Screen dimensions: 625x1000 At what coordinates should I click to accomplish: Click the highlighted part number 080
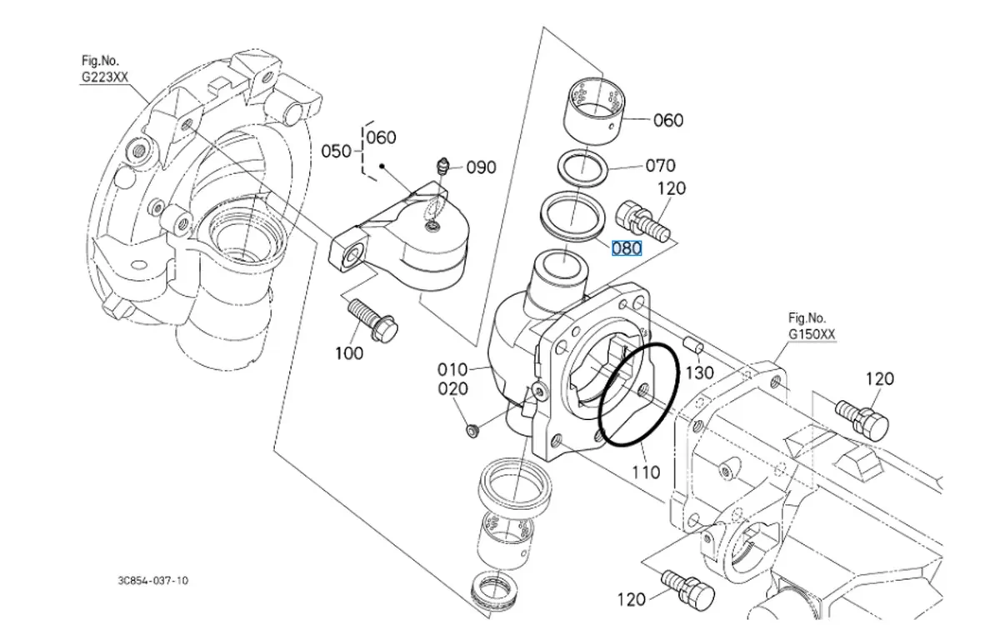pos(627,248)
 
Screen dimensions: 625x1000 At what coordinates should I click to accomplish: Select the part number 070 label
pos(660,166)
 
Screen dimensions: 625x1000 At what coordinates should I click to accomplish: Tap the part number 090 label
pos(481,167)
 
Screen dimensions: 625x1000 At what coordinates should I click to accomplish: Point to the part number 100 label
pos(349,352)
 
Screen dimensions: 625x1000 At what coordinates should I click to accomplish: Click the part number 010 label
pos(453,369)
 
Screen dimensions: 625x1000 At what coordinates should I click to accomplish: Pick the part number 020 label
pos(453,389)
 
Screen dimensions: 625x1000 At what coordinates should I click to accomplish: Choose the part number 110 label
pos(646,472)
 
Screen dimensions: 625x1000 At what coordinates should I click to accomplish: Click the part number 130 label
pos(699,372)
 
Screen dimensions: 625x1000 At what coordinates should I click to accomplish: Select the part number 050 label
pos(337,151)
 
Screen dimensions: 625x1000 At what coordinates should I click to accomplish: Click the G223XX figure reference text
pos(105,77)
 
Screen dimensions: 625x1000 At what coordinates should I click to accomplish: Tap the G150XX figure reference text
pos(812,335)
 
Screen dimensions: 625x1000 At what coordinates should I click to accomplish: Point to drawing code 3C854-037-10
pos(152,580)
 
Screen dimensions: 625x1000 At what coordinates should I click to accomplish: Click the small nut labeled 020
pos(472,430)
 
